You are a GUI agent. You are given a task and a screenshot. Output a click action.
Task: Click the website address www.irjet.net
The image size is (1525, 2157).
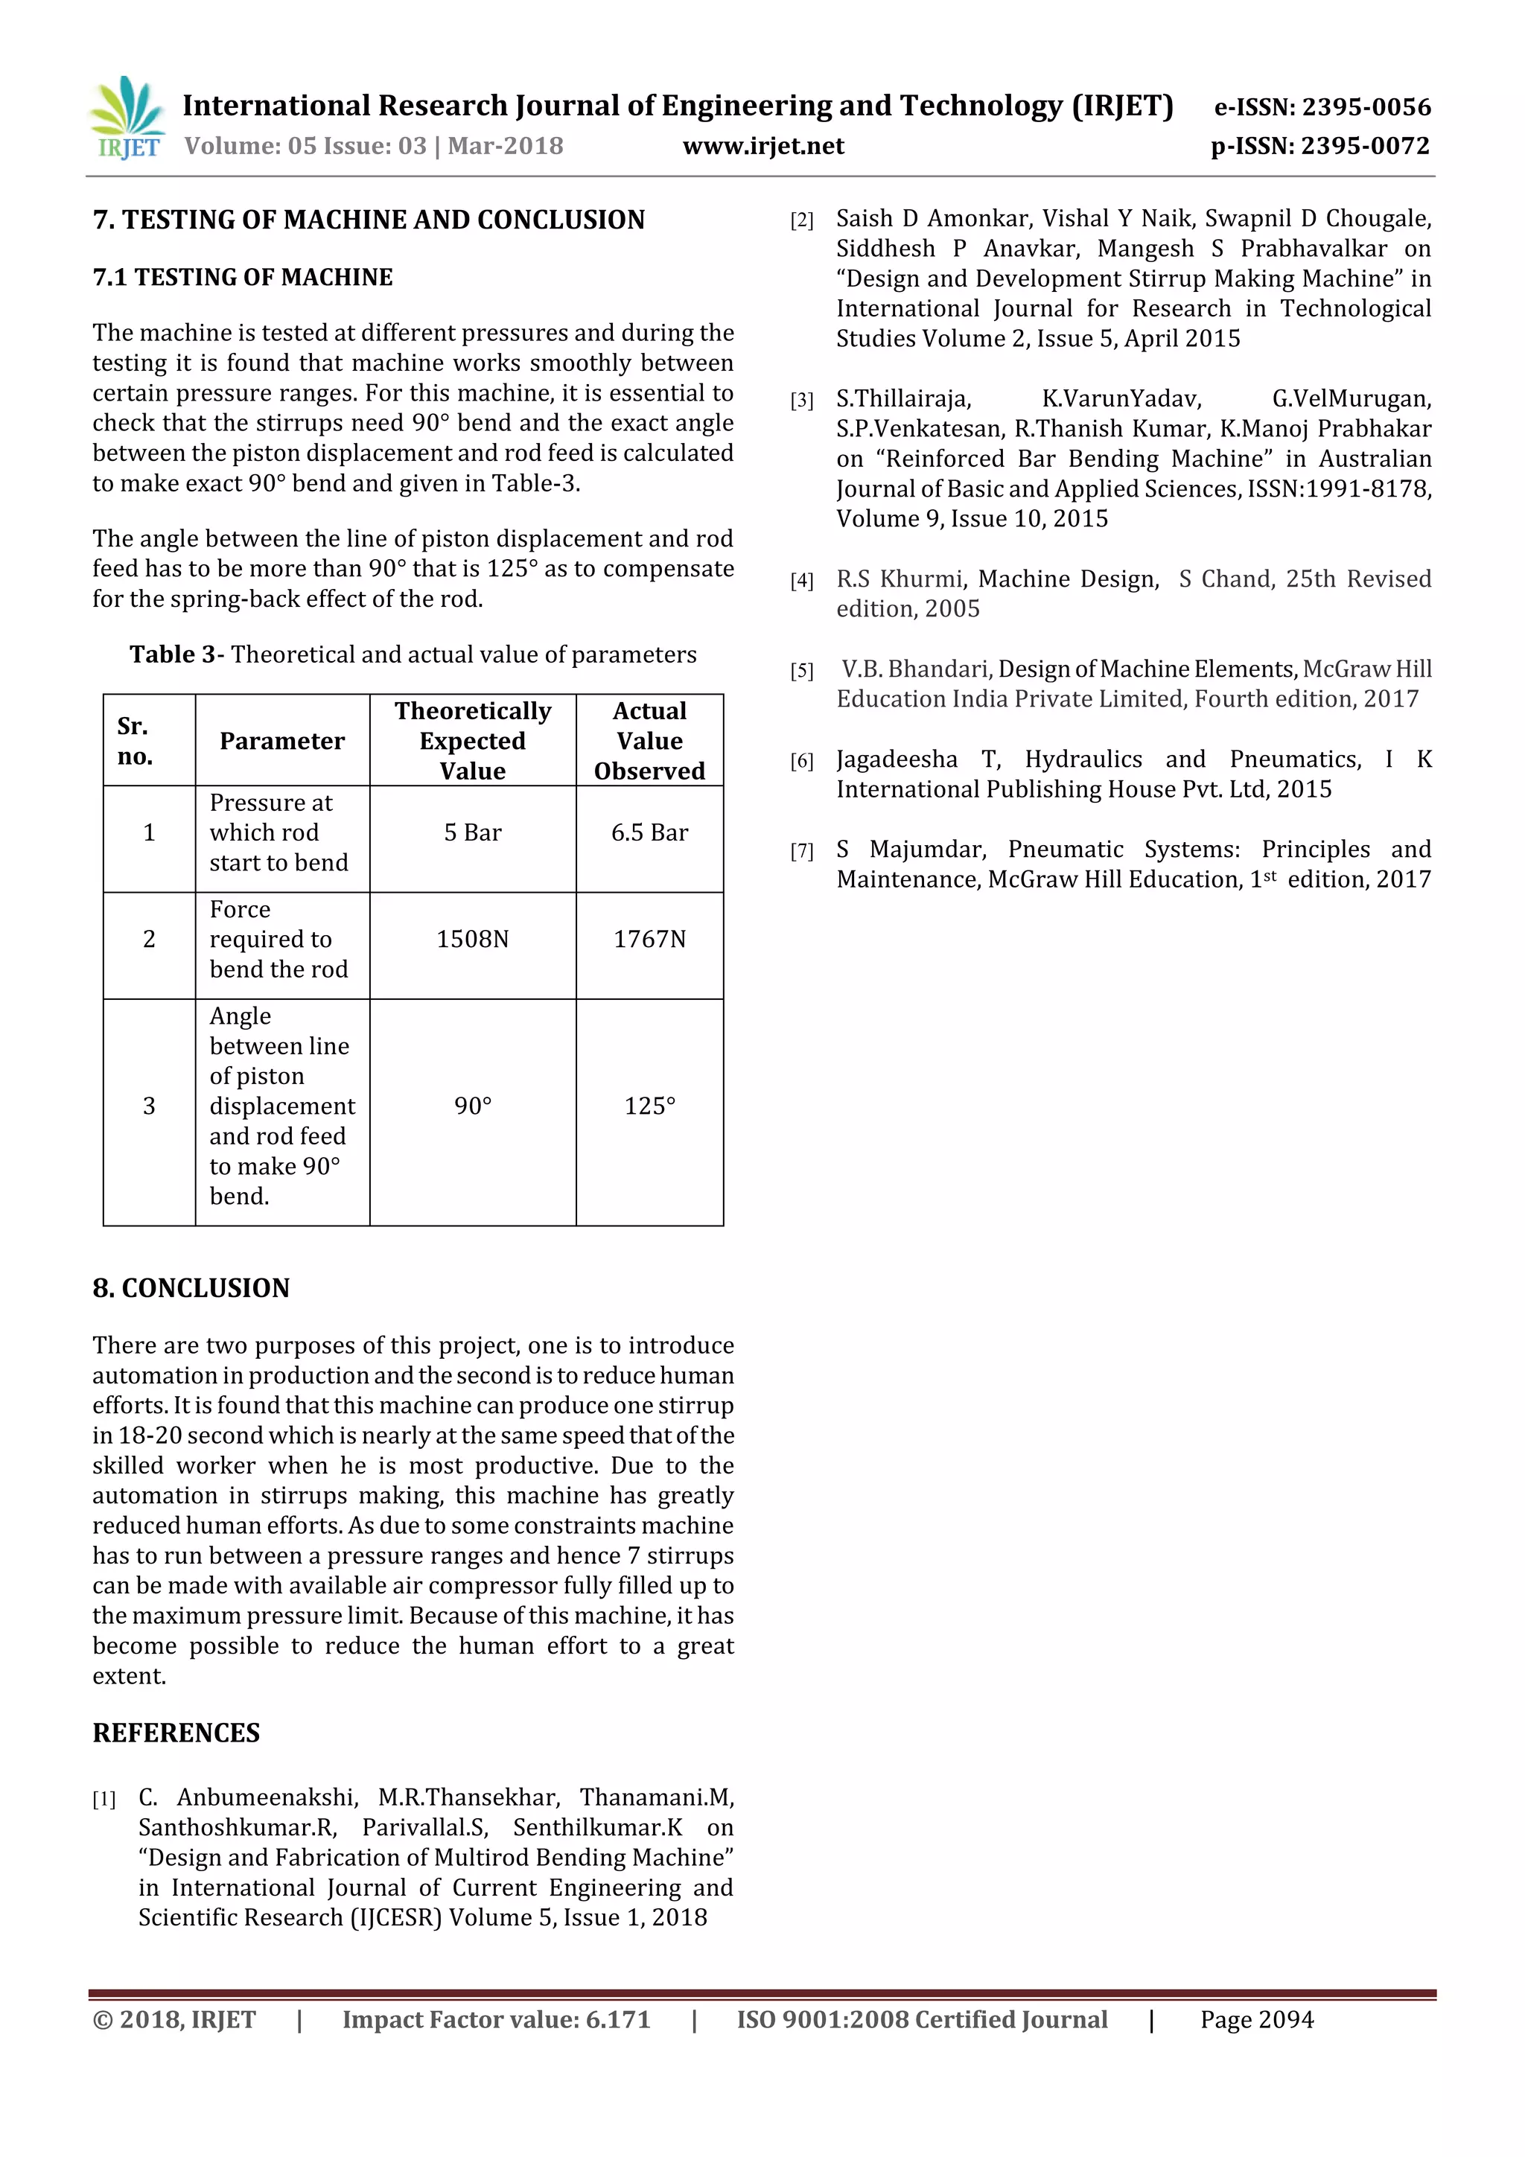(x=763, y=147)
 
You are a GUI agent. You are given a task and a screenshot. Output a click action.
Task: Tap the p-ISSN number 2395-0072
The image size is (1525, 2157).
(x=1365, y=147)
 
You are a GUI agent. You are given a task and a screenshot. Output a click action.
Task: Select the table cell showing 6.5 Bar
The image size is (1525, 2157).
(x=649, y=833)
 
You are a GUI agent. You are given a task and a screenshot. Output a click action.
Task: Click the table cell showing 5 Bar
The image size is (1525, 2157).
(x=473, y=833)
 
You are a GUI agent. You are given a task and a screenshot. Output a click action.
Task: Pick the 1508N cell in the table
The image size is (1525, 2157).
(x=473, y=940)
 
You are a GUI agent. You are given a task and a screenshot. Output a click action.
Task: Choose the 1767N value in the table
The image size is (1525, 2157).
(x=649, y=940)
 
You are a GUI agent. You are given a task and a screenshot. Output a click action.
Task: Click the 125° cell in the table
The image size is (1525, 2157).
(x=649, y=1106)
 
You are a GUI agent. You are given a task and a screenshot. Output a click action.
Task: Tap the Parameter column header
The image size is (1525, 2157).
(x=282, y=742)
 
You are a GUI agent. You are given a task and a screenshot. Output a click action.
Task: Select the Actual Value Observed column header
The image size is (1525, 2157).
(x=649, y=742)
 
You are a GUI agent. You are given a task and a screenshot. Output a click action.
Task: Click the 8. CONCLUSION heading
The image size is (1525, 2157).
(x=191, y=1288)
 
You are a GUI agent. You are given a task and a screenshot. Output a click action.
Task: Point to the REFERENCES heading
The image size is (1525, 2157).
(x=176, y=1733)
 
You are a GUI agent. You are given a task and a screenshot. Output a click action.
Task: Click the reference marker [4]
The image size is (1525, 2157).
(x=801, y=582)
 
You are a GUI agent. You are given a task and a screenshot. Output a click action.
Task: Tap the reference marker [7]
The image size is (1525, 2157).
(x=801, y=852)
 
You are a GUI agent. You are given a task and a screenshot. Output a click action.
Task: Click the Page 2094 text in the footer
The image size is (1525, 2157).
(x=1256, y=2020)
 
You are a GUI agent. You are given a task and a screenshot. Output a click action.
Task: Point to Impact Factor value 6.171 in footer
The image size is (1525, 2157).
(x=496, y=2020)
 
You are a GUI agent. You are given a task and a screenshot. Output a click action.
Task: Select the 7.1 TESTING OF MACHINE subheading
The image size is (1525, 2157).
(x=243, y=278)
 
